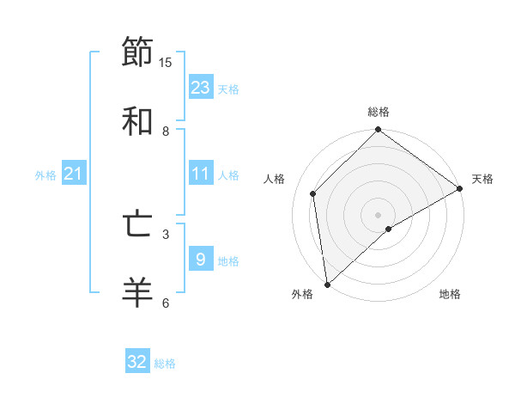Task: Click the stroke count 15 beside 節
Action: pos(166,62)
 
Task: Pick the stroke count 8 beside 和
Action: pos(166,131)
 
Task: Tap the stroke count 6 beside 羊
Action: pos(166,303)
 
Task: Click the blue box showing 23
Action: pos(201,88)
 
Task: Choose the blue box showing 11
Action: pos(201,174)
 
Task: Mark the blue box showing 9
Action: pos(201,260)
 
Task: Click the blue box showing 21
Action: pos(74,174)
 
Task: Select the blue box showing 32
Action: pos(137,362)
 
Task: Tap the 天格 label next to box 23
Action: pos(228,89)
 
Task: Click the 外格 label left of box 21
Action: pos(45,174)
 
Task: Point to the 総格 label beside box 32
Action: pos(165,364)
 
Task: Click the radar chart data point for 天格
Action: pos(460,189)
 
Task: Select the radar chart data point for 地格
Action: pos(389,229)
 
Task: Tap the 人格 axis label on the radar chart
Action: pos(275,179)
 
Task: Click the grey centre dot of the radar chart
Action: pos(378,214)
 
